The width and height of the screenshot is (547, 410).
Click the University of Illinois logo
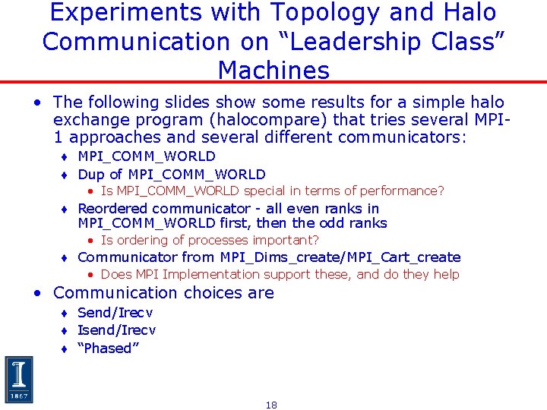[19, 379]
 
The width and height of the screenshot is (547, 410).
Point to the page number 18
[271, 405]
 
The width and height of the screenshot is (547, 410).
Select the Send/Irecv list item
[115, 312]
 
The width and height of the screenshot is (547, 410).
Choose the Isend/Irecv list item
[117, 330]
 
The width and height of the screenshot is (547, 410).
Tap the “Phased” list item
[109, 348]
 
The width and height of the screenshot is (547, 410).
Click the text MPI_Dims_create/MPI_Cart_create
[340, 257]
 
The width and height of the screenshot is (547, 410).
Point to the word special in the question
[267, 191]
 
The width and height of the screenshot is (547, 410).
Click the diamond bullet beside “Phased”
[65, 348]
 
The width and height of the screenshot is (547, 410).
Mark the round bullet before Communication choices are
[37, 293]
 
